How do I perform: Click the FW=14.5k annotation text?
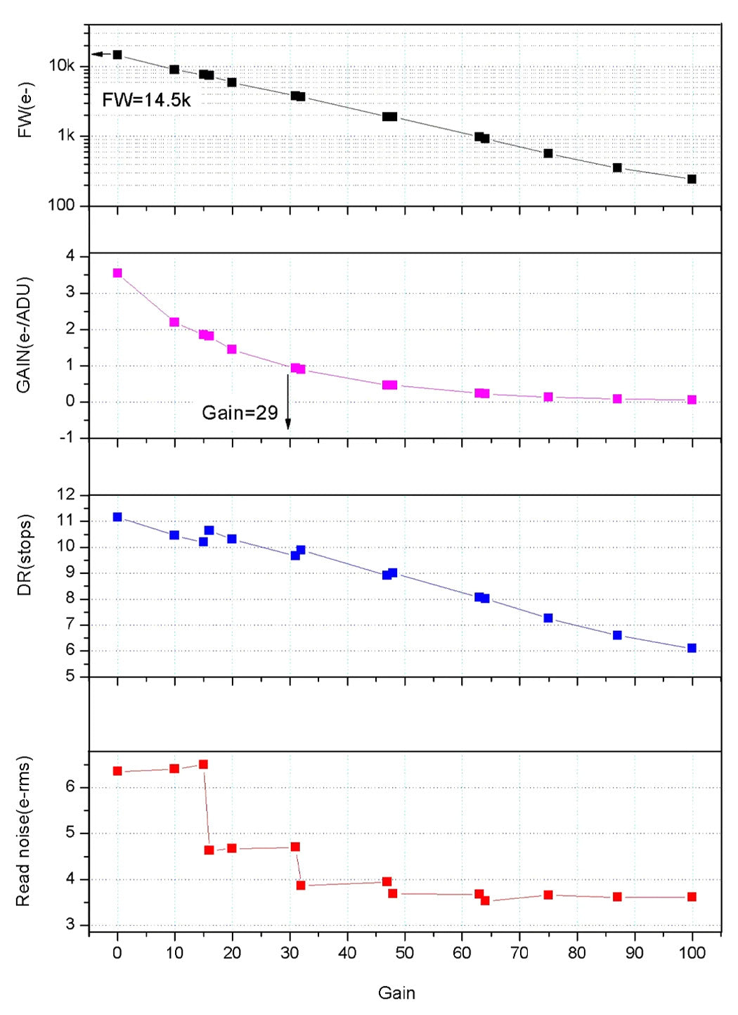[146, 100]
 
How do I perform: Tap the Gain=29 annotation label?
[240, 413]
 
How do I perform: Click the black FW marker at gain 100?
[692, 179]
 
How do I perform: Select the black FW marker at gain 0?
[117, 55]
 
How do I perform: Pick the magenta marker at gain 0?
[117, 273]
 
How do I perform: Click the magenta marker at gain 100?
[692, 400]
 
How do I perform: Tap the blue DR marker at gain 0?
[117, 517]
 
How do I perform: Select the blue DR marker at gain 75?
[548, 618]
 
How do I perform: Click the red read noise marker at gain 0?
[117, 771]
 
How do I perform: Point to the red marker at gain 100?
[692, 897]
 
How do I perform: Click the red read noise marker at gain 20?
[232, 848]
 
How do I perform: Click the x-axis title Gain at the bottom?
[396, 993]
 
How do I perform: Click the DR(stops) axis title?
[25, 556]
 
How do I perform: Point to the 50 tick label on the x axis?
[404, 953]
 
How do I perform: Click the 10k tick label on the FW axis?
[62, 66]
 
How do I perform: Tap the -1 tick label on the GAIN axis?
[69, 438]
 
